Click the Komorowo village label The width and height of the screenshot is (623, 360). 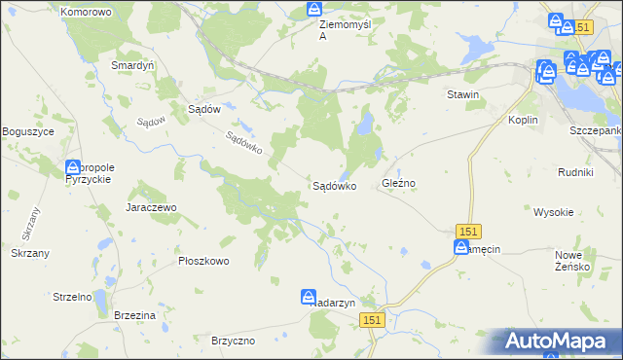[86, 12]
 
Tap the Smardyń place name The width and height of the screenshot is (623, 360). [133, 65]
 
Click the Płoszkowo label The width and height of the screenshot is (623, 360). [203, 261]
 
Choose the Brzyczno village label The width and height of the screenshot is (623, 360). [233, 341]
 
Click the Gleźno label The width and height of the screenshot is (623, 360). [399, 184]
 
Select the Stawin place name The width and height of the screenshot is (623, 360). [463, 94]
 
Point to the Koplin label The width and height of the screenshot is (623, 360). [525, 119]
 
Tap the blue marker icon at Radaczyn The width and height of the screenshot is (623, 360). [308, 297]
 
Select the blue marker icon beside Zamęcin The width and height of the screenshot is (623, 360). [460, 248]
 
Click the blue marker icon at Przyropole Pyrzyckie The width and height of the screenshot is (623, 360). [74, 169]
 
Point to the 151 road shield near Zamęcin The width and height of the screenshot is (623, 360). [468, 231]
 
